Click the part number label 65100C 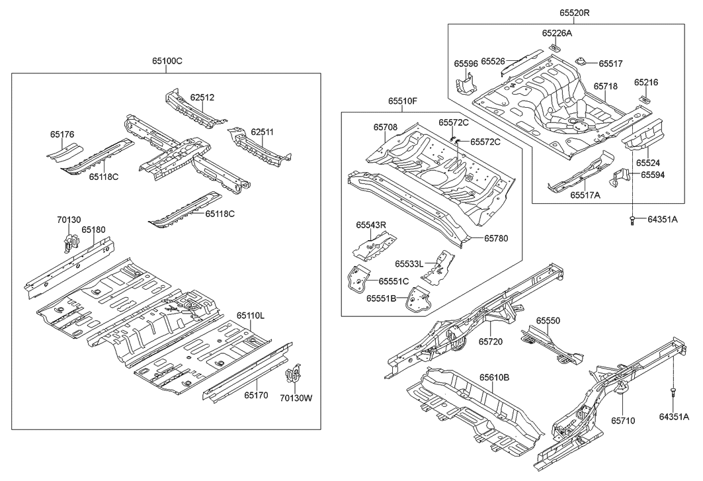tap(167, 61)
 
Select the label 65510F tap(403, 101)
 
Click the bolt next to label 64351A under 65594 tap(634, 221)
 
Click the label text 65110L tap(251, 316)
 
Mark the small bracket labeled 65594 tap(619, 181)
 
